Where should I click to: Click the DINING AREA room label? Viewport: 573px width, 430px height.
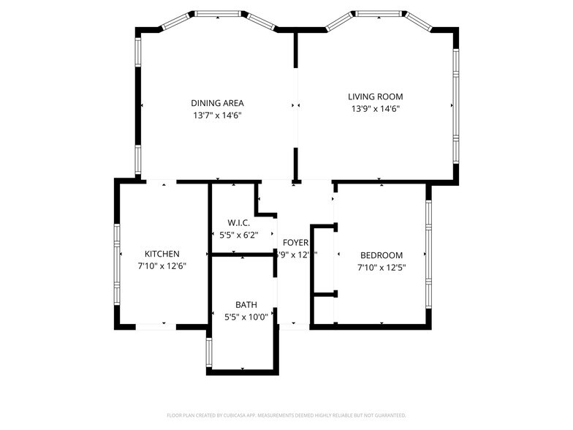tap(217, 103)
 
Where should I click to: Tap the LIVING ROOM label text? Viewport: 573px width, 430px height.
tap(375, 97)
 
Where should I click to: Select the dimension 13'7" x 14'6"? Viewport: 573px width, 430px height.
tap(217, 116)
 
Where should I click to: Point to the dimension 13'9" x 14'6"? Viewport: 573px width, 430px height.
tap(375, 109)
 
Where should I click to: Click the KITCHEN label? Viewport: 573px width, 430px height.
tap(162, 254)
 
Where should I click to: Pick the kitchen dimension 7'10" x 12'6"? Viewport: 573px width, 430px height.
tap(162, 266)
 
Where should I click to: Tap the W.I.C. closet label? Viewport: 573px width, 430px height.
tap(238, 222)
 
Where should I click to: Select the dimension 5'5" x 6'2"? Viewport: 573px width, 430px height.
tap(238, 235)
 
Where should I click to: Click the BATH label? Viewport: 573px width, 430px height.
tap(246, 304)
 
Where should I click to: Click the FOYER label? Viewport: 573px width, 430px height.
tap(295, 242)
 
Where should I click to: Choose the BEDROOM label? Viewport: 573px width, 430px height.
tap(381, 255)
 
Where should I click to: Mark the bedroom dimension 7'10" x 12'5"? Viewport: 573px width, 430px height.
tap(381, 268)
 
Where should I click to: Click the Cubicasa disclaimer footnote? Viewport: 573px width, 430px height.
tap(286, 415)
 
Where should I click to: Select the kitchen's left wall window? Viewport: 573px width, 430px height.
tap(117, 263)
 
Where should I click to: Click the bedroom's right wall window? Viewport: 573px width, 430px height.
tap(428, 252)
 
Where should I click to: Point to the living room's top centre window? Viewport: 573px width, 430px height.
tap(377, 13)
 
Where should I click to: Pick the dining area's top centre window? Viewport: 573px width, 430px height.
tap(219, 13)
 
